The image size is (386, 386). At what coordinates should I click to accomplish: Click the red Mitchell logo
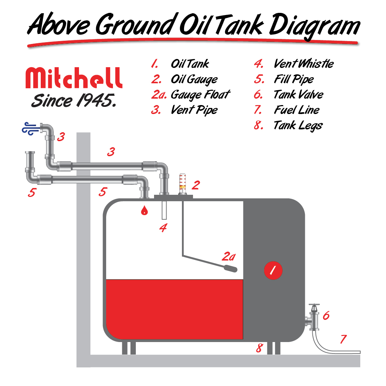74,78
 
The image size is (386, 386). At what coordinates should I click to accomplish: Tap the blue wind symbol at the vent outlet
30,129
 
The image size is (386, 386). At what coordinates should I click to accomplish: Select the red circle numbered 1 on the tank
273,270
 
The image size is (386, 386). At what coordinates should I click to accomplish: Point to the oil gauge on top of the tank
182,184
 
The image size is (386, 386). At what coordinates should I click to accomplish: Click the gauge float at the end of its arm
230,268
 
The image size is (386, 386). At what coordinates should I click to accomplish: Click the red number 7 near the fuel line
343,339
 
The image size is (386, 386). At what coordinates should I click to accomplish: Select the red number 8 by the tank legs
259,348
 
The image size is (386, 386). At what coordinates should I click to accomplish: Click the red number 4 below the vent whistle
163,228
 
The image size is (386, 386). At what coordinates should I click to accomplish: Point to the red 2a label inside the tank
229,257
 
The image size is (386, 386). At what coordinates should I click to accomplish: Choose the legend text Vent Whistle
303,64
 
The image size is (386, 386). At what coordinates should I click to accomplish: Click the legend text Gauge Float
201,95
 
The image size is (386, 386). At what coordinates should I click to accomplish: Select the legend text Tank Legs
298,126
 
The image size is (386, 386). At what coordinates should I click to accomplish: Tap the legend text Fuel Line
297,110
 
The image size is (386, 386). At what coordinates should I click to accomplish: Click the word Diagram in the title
315,26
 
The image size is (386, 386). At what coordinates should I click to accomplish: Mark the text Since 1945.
74,100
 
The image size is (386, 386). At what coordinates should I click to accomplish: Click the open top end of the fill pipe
30,153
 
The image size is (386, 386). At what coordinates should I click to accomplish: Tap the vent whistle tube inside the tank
164,210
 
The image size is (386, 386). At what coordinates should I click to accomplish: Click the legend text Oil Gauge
194,79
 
